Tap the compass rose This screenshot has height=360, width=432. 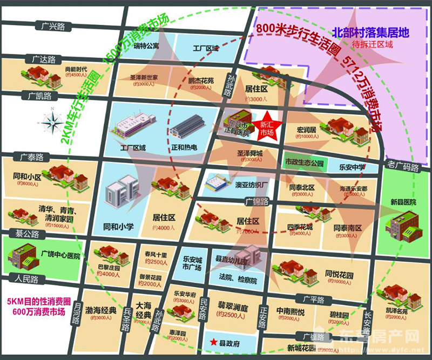tap(52, 123)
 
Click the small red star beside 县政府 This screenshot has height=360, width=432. tap(214, 342)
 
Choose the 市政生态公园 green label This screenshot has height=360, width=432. tap(303, 162)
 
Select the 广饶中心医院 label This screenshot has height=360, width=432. tap(60, 256)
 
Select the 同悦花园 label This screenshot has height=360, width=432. tap(339, 275)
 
